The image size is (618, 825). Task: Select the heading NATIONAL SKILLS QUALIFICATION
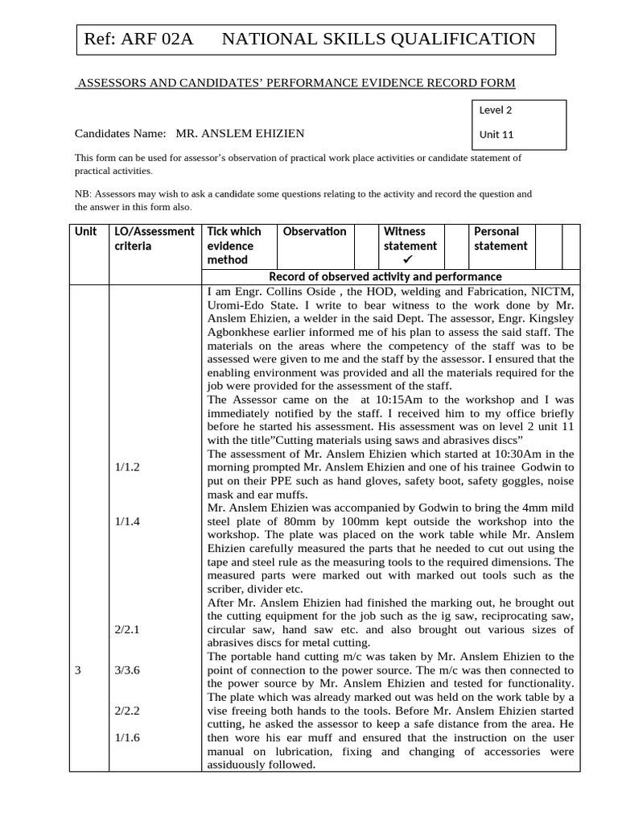click(378, 39)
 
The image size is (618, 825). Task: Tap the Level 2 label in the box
click(496, 110)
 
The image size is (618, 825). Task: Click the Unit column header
click(86, 232)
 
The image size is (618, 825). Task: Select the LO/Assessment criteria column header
click(154, 238)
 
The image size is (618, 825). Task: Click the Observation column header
click(315, 232)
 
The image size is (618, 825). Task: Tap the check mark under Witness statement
click(408, 260)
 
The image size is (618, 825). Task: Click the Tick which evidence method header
click(234, 246)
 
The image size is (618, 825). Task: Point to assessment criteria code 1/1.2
click(127, 466)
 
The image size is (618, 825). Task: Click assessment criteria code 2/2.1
click(127, 629)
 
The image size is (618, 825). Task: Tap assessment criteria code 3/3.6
click(127, 670)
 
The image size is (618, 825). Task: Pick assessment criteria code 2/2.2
click(127, 711)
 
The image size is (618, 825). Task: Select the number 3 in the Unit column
click(78, 670)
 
